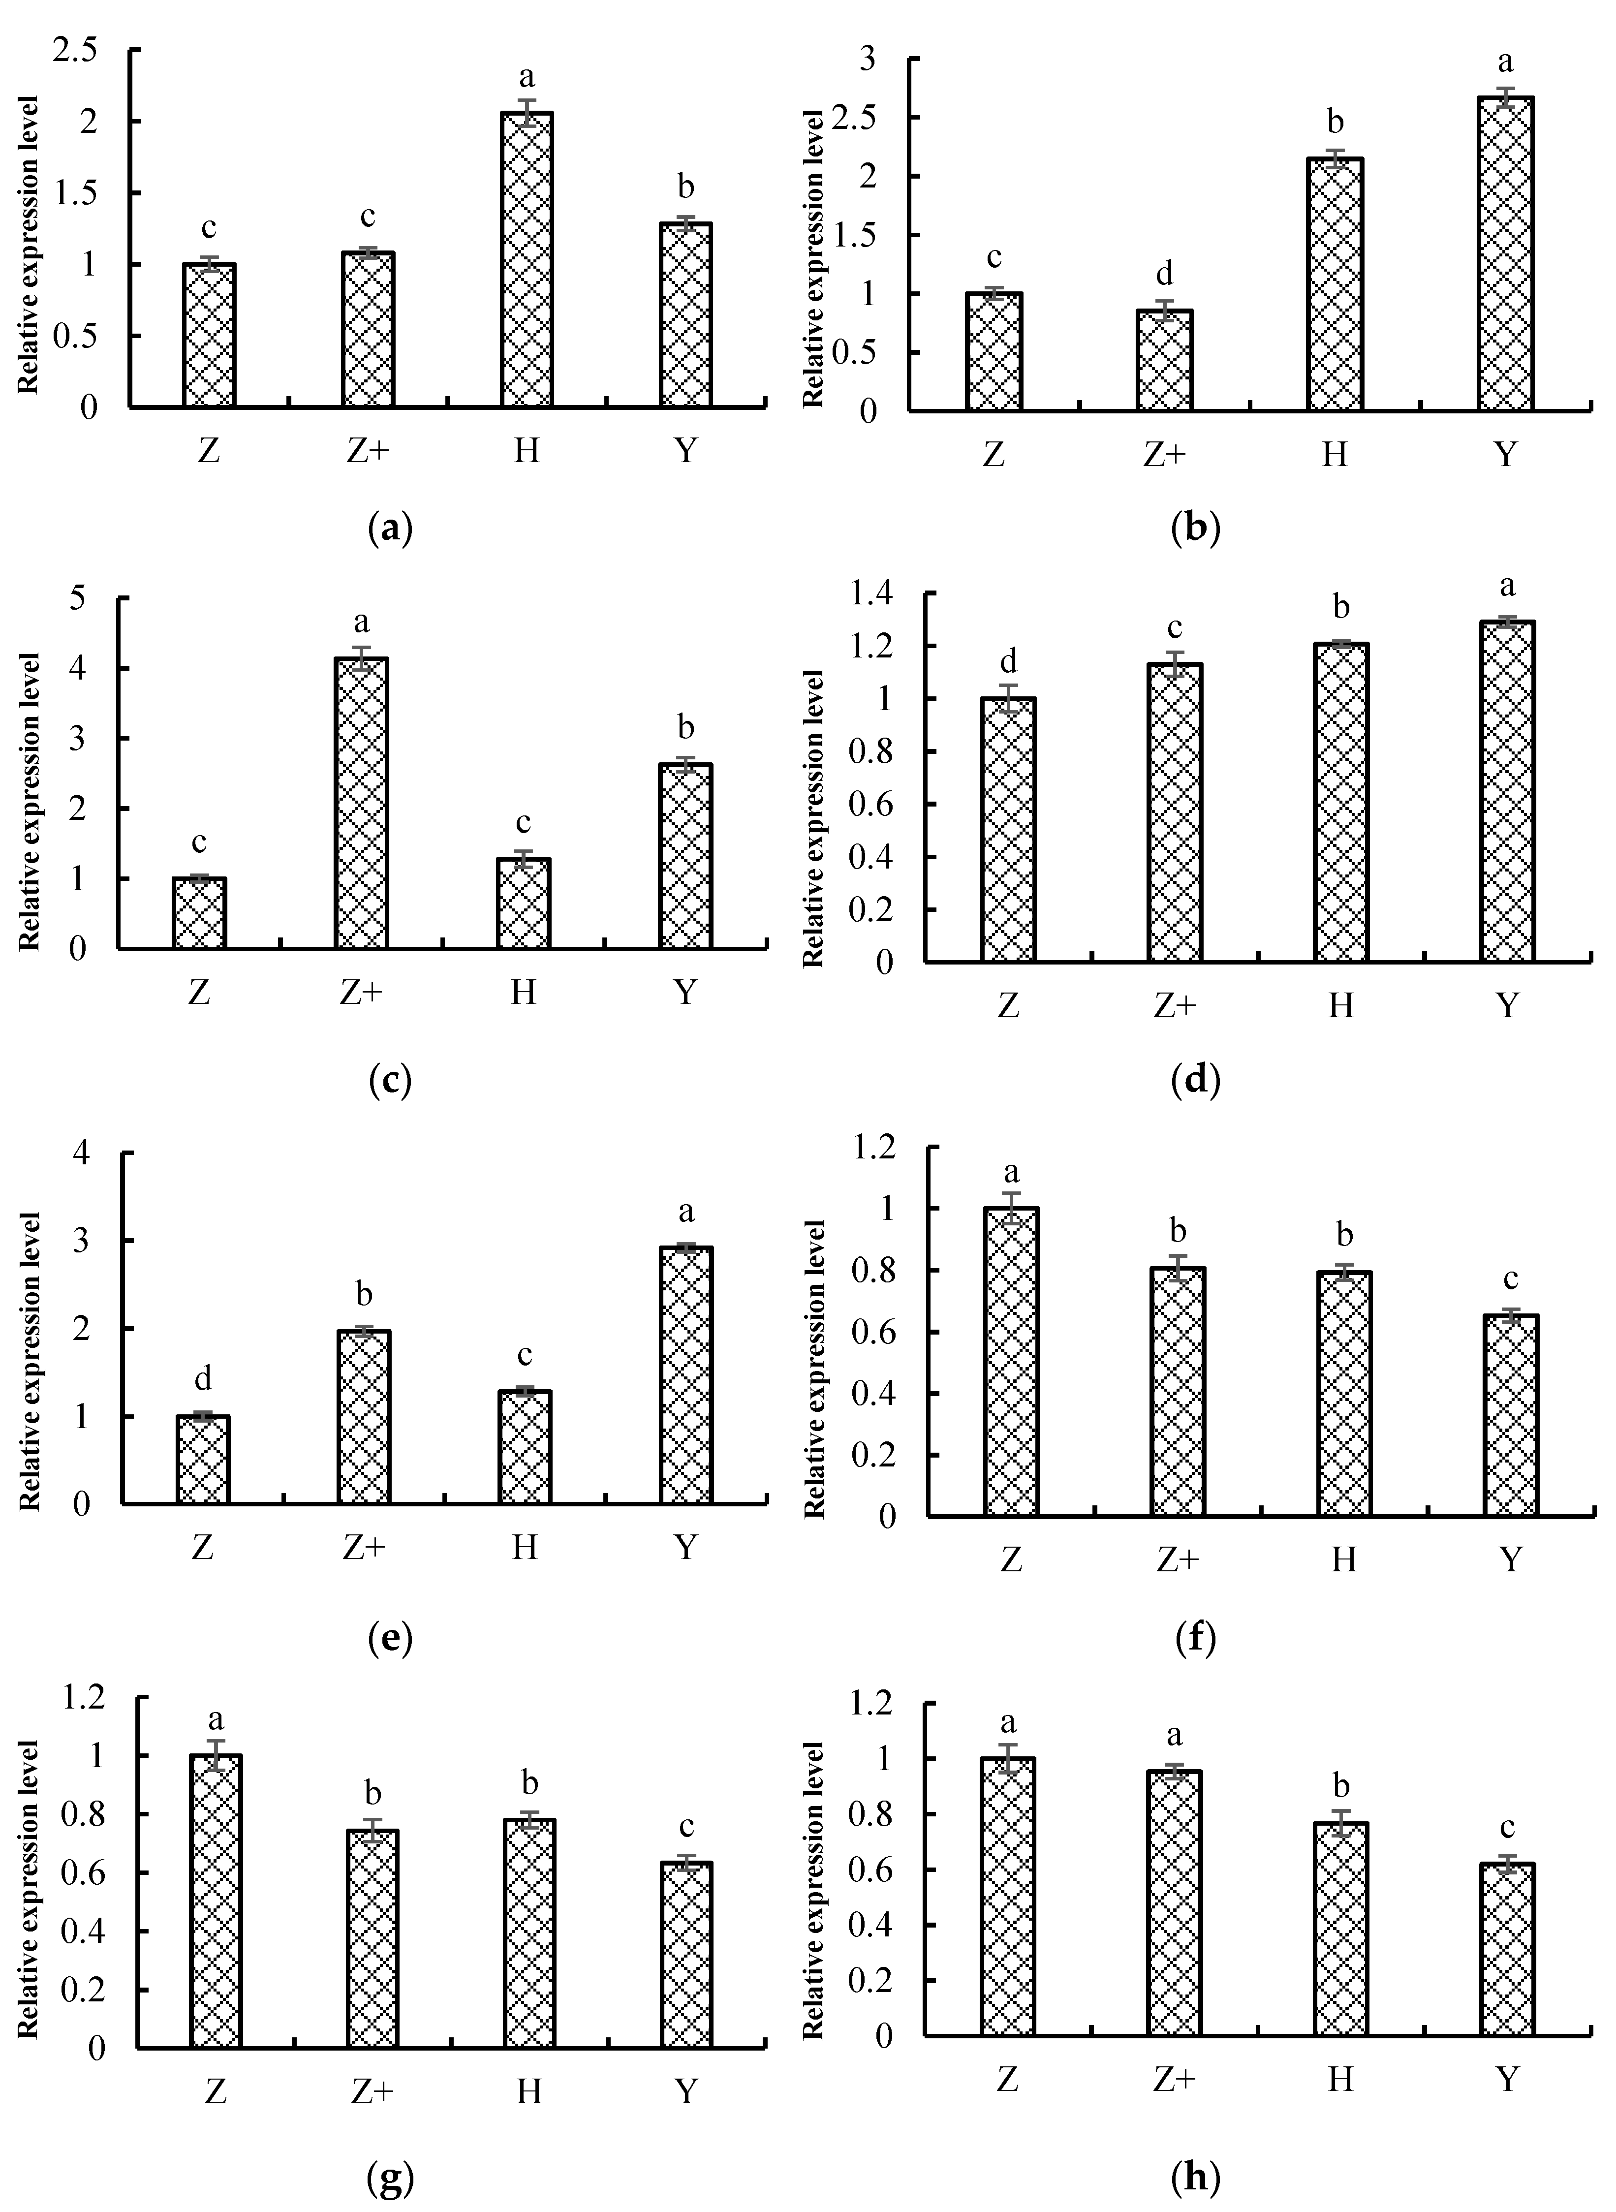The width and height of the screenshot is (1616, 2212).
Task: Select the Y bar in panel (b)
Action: (x=1505, y=254)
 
